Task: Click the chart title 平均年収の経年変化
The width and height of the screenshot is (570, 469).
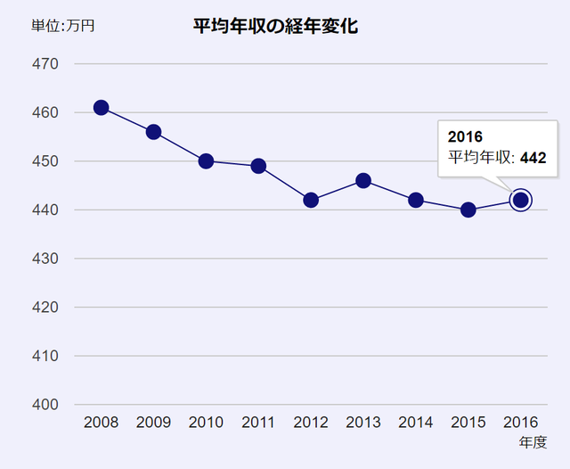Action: (x=275, y=26)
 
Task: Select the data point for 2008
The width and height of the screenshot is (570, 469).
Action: (x=101, y=108)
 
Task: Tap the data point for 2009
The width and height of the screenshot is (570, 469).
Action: (x=153, y=132)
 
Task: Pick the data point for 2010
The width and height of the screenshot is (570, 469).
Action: (x=206, y=161)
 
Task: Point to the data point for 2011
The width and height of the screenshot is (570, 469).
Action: (x=258, y=166)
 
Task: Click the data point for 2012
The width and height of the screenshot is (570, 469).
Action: (x=311, y=200)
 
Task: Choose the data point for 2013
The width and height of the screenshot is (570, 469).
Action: (x=363, y=180)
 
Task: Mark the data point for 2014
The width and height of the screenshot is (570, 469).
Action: (x=416, y=200)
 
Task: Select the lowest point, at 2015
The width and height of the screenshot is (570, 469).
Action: (x=468, y=210)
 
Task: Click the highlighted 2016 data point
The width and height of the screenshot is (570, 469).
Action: (x=521, y=200)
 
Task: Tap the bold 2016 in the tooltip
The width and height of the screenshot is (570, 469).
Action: (x=465, y=137)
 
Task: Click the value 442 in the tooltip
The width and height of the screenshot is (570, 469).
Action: (x=533, y=158)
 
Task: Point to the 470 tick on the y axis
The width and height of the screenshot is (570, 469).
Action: (x=46, y=64)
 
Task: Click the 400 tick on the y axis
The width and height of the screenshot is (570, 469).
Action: (x=46, y=405)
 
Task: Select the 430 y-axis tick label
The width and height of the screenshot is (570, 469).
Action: (x=46, y=259)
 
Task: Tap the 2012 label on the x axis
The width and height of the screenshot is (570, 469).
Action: (x=311, y=423)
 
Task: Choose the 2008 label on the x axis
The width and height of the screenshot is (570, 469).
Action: (x=101, y=423)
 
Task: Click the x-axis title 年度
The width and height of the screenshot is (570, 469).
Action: (x=533, y=442)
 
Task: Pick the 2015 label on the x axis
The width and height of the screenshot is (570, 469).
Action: (x=468, y=423)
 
